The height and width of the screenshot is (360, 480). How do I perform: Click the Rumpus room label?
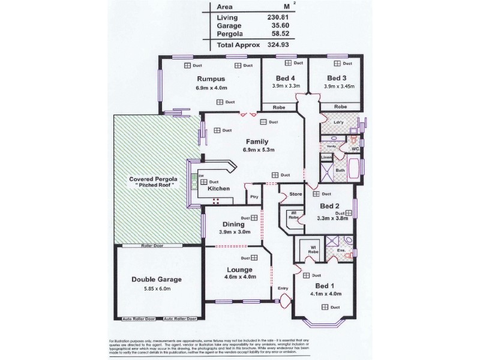coord(211,79)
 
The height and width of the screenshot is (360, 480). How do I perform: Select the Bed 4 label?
coord(285,78)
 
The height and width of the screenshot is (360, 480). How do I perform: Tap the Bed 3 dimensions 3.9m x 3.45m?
coord(339,86)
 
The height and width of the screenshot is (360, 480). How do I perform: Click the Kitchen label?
coord(220,189)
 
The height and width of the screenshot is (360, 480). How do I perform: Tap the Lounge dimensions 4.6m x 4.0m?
coord(239,277)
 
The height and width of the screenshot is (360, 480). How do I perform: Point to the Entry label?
coord(283,289)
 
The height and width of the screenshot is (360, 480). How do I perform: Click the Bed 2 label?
coord(330,206)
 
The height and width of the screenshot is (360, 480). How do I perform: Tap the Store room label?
coord(295,194)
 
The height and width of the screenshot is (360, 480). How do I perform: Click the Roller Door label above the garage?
coord(135,245)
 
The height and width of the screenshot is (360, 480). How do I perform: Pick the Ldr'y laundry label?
coord(329,120)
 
